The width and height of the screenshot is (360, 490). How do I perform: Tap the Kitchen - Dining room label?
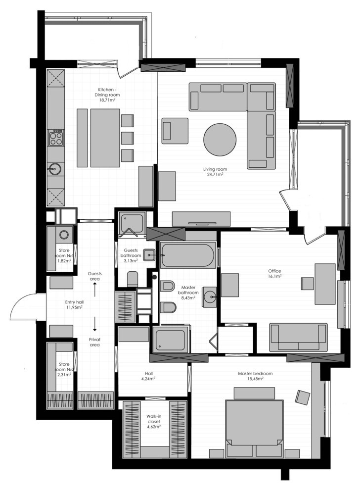point(108,95)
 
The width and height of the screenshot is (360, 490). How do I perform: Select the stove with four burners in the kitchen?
point(56,137)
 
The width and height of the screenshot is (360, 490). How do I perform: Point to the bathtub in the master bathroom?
point(188,255)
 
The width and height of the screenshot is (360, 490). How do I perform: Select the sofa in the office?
point(298,337)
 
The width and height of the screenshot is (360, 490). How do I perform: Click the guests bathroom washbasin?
point(150,255)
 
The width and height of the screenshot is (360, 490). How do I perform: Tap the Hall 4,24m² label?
point(148,376)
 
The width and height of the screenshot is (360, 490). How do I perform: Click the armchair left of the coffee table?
point(175,131)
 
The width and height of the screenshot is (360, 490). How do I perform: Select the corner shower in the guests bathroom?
point(132,223)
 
